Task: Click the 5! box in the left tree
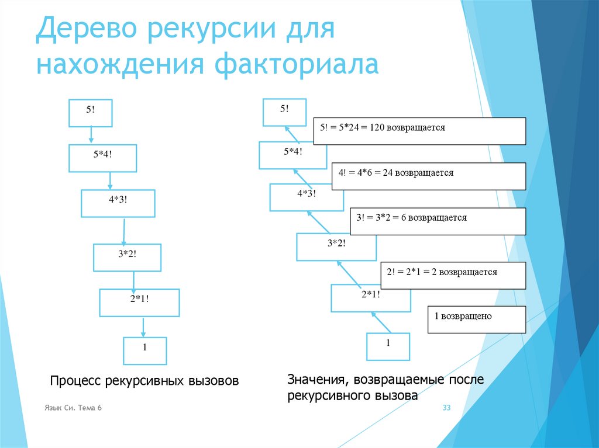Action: [x=90, y=113]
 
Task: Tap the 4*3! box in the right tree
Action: [x=306, y=197]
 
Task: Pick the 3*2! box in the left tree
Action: [x=127, y=257]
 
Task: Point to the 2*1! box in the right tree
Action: [x=370, y=298]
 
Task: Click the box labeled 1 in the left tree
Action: [x=144, y=350]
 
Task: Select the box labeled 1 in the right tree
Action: [x=388, y=346]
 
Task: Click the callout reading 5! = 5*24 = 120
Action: [x=419, y=131]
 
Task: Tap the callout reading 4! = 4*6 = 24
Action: [x=429, y=176]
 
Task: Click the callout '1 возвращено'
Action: [x=476, y=319]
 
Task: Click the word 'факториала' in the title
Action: [x=298, y=64]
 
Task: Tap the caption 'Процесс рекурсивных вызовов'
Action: [x=144, y=381]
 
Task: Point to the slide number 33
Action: [x=446, y=408]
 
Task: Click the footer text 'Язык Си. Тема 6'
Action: [x=73, y=408]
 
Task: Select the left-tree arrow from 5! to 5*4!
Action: [x=91, y=136]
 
